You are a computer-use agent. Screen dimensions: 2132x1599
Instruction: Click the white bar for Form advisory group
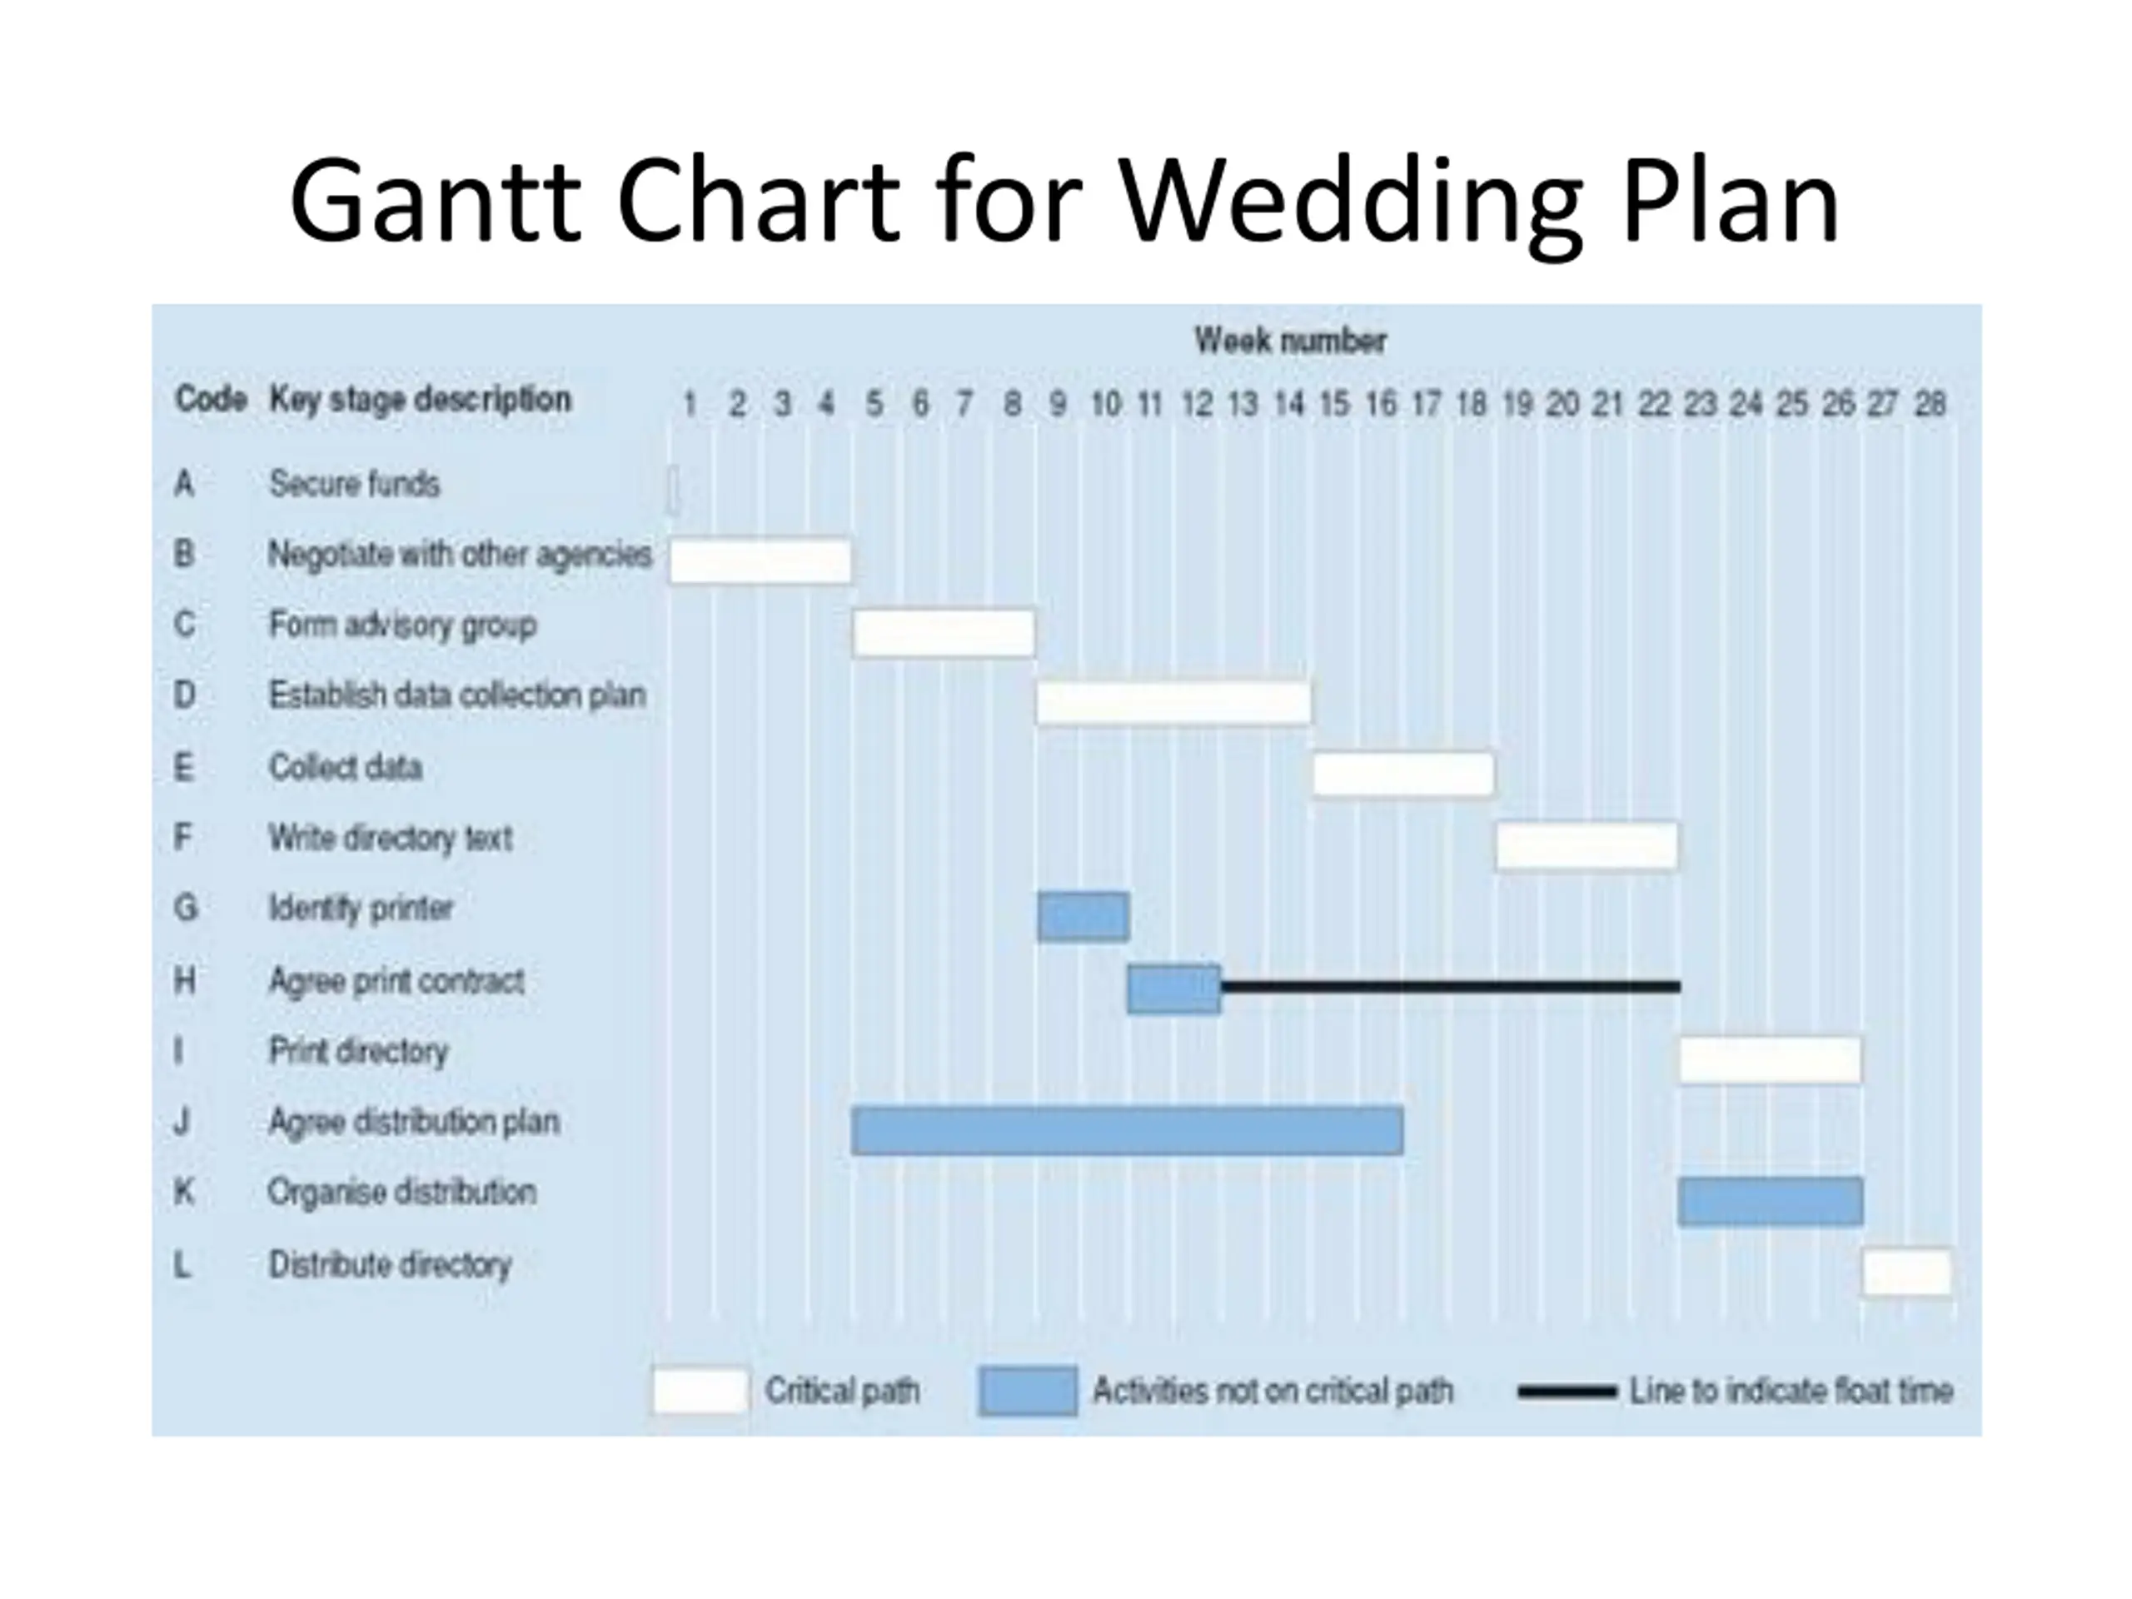[944, 633]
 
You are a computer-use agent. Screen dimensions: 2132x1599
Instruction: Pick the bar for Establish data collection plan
[1173, 703]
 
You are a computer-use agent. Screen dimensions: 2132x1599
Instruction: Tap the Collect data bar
[1402, 774]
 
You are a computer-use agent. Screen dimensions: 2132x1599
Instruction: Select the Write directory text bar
[1587, 846]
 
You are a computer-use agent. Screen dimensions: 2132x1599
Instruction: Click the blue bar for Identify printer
[1083, 917]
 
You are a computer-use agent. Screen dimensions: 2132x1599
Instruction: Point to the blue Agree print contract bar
[1174, 989]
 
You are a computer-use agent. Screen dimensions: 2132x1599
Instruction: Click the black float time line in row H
[1451, 986]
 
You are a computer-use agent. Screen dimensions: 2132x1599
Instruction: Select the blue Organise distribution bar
[1770, 1202]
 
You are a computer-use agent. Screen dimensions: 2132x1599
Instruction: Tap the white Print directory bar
[1770, 1060]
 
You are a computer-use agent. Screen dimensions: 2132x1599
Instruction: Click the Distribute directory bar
[1906, 1273]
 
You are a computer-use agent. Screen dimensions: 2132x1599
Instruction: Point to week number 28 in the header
[1930, 403]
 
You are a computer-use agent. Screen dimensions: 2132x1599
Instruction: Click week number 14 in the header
[1288, 403]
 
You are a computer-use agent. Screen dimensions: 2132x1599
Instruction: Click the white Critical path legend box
[700, 1391]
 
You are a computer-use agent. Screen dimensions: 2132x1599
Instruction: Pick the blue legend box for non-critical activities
[1028, 1391]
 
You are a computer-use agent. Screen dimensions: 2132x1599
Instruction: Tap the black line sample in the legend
[1567, 1392]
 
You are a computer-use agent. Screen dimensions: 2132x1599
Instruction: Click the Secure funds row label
[354, 483]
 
